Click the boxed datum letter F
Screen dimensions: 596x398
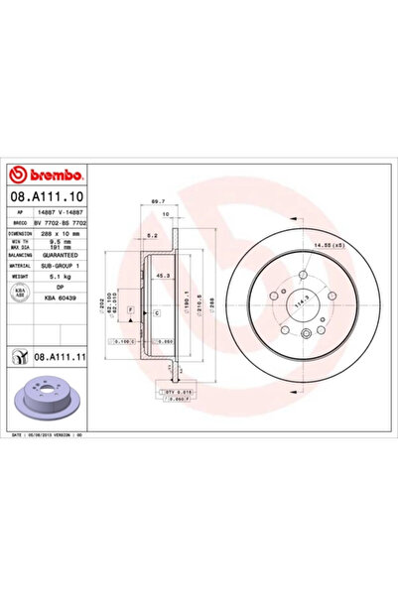129,311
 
